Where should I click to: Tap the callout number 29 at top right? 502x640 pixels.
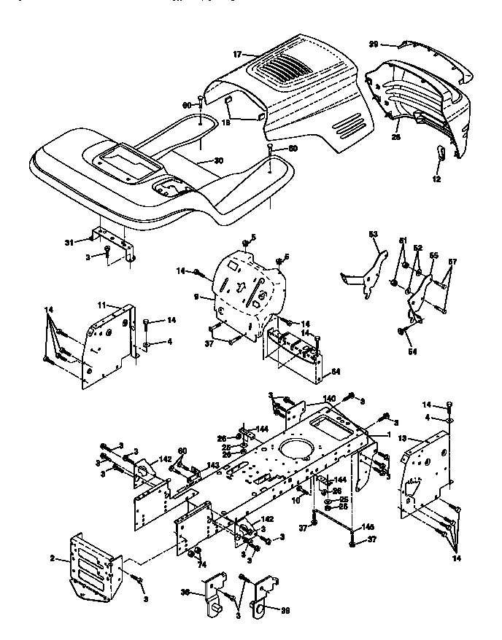(373, 44)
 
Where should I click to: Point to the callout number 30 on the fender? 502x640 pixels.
(218, 160)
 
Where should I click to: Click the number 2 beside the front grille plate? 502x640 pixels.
(53, 558)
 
